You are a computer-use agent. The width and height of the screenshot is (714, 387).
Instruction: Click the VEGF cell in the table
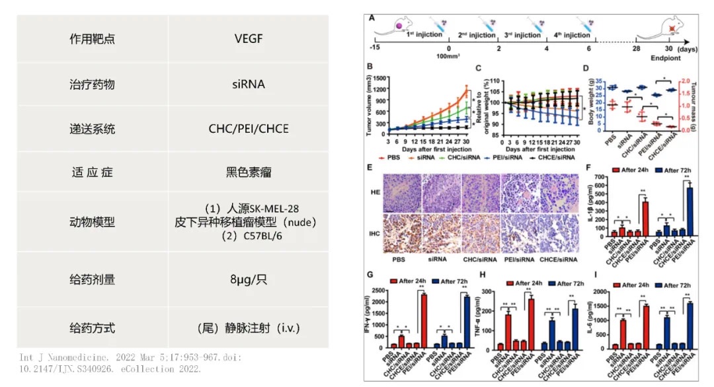click(249, 38)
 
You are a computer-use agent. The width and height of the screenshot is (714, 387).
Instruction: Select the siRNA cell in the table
click(249, 84)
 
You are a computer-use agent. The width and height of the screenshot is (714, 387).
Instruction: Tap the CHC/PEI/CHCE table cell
click(249, 128)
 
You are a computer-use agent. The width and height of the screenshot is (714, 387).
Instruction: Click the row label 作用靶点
click(93, 38)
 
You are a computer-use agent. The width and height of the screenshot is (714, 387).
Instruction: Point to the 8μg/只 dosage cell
click(249, 279)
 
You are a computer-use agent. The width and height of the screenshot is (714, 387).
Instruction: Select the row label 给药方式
click(93, 327)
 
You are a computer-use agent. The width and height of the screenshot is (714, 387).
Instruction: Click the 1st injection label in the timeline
click(424, 34)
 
